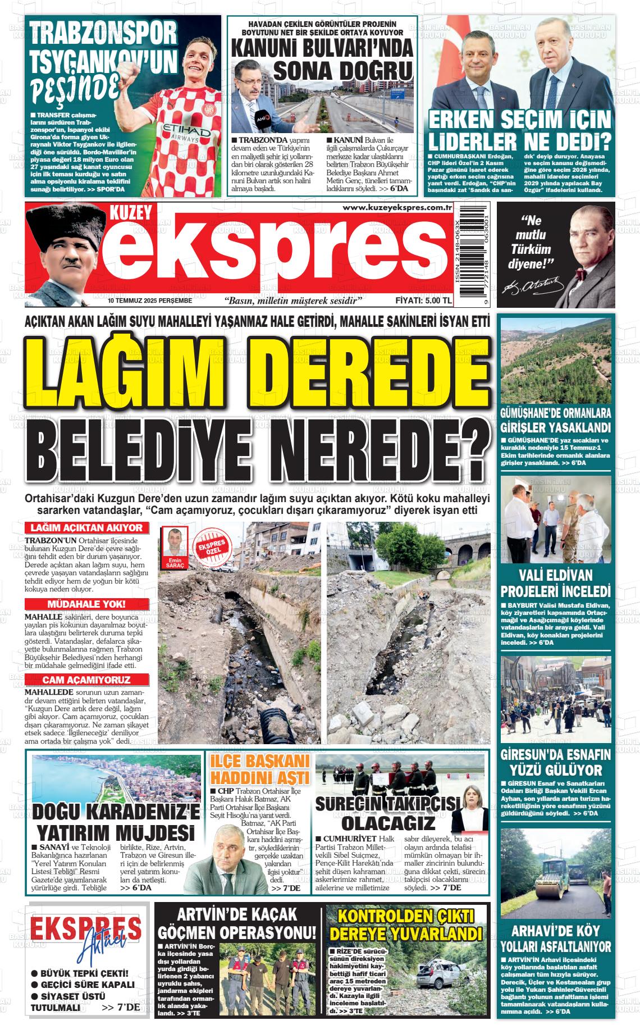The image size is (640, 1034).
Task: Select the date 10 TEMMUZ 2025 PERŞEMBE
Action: click(x=150, y=300)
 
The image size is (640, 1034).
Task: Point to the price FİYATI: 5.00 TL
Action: click(x=423, y=300)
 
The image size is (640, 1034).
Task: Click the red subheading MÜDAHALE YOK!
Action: click(x=87, y=604)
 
